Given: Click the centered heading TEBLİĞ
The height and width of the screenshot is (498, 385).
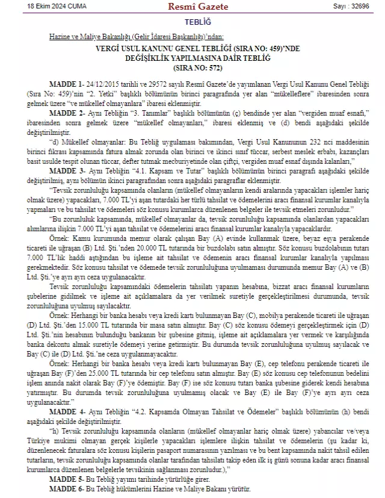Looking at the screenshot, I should [x=192, y=22].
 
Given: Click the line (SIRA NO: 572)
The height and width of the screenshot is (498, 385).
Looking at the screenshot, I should [x=192, y=69].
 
